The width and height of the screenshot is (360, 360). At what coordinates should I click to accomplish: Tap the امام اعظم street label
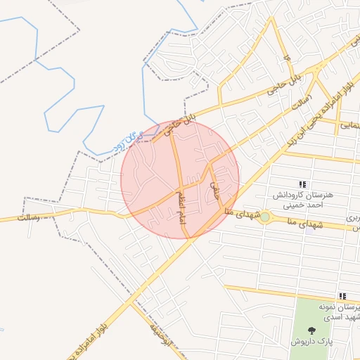[x=181, y=204]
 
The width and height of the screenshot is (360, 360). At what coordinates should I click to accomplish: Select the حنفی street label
[x=214, y=186]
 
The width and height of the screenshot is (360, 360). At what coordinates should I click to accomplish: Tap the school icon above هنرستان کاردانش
[x=302, y=184]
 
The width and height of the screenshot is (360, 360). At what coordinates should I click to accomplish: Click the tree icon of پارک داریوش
[x=311, y=329]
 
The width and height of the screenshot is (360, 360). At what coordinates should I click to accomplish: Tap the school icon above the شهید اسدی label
[x=342, y=296]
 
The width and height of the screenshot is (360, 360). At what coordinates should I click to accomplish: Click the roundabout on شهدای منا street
[x=264, y=218]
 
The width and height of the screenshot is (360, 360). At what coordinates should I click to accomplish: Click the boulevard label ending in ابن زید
[x=316, y=112]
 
